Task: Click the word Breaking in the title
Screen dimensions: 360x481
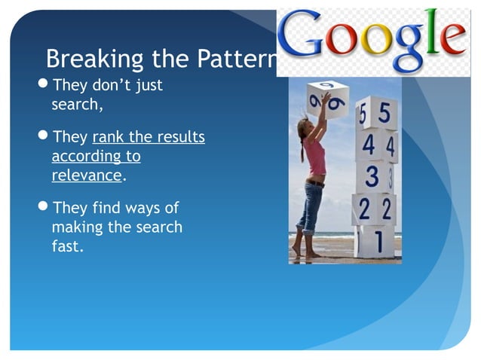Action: click(x=82, y=58)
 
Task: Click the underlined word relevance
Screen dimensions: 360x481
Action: click(x=86, y=175)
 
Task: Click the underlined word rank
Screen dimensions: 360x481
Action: click(x=108, y=138)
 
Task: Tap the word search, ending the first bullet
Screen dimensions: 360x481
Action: click(x=76, y=104)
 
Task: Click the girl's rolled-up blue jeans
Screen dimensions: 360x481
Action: click(x=311, y=206)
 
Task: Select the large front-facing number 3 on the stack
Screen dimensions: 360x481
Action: click(x=371, y=178)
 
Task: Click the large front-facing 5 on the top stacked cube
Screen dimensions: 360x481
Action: click(x=384, y=114)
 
